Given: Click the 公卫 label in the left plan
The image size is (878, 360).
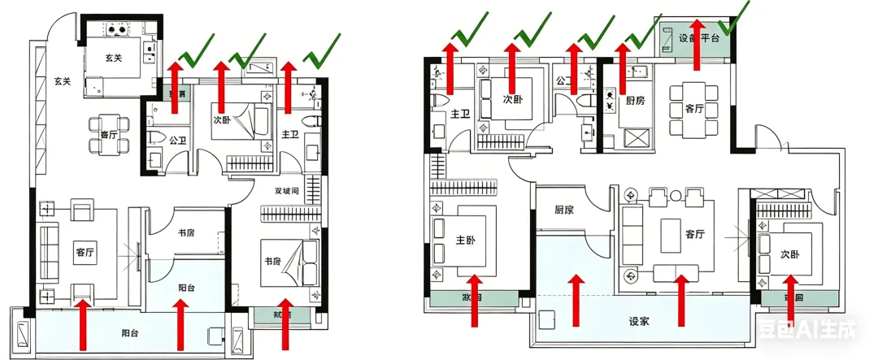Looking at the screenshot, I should click(177, 140).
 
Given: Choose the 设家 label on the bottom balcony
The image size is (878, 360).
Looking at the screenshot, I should click(639, 320).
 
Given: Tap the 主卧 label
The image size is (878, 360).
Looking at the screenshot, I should click(466, 240).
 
